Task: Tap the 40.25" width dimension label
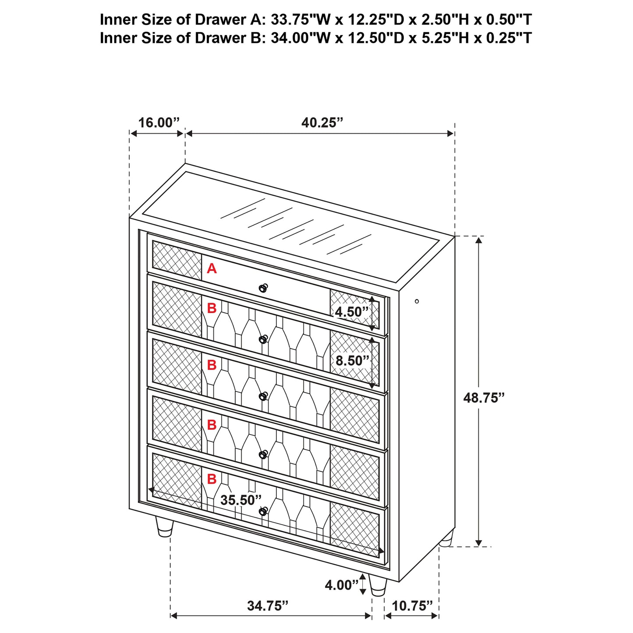coord(322,123)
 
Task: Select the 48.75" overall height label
coord(484,398)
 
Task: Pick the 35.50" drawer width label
coord(240,500)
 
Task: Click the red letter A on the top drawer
coord(212,269)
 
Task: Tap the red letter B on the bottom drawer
coord(212,479)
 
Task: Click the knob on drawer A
coord(263,288)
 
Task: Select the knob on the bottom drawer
coord(263,511)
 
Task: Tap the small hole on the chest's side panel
coord(417,301)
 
